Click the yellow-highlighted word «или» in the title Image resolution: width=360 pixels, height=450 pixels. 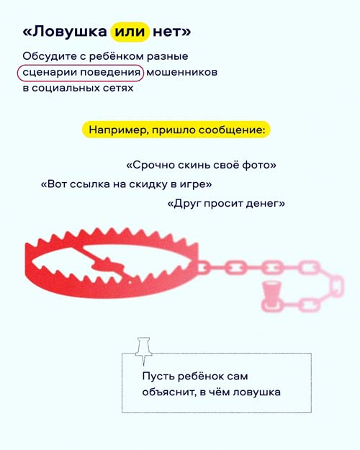130,32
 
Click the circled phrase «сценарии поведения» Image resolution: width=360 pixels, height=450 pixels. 81,73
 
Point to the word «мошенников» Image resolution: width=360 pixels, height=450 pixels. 181,72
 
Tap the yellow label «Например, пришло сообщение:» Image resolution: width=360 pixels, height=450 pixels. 176,130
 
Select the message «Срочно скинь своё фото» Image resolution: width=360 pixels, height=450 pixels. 202,165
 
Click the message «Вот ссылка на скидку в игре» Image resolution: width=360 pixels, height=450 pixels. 126,184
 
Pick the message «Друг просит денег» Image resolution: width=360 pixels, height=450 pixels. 226,204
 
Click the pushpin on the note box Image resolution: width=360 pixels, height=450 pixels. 143,351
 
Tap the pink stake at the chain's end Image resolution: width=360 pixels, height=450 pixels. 271,296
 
